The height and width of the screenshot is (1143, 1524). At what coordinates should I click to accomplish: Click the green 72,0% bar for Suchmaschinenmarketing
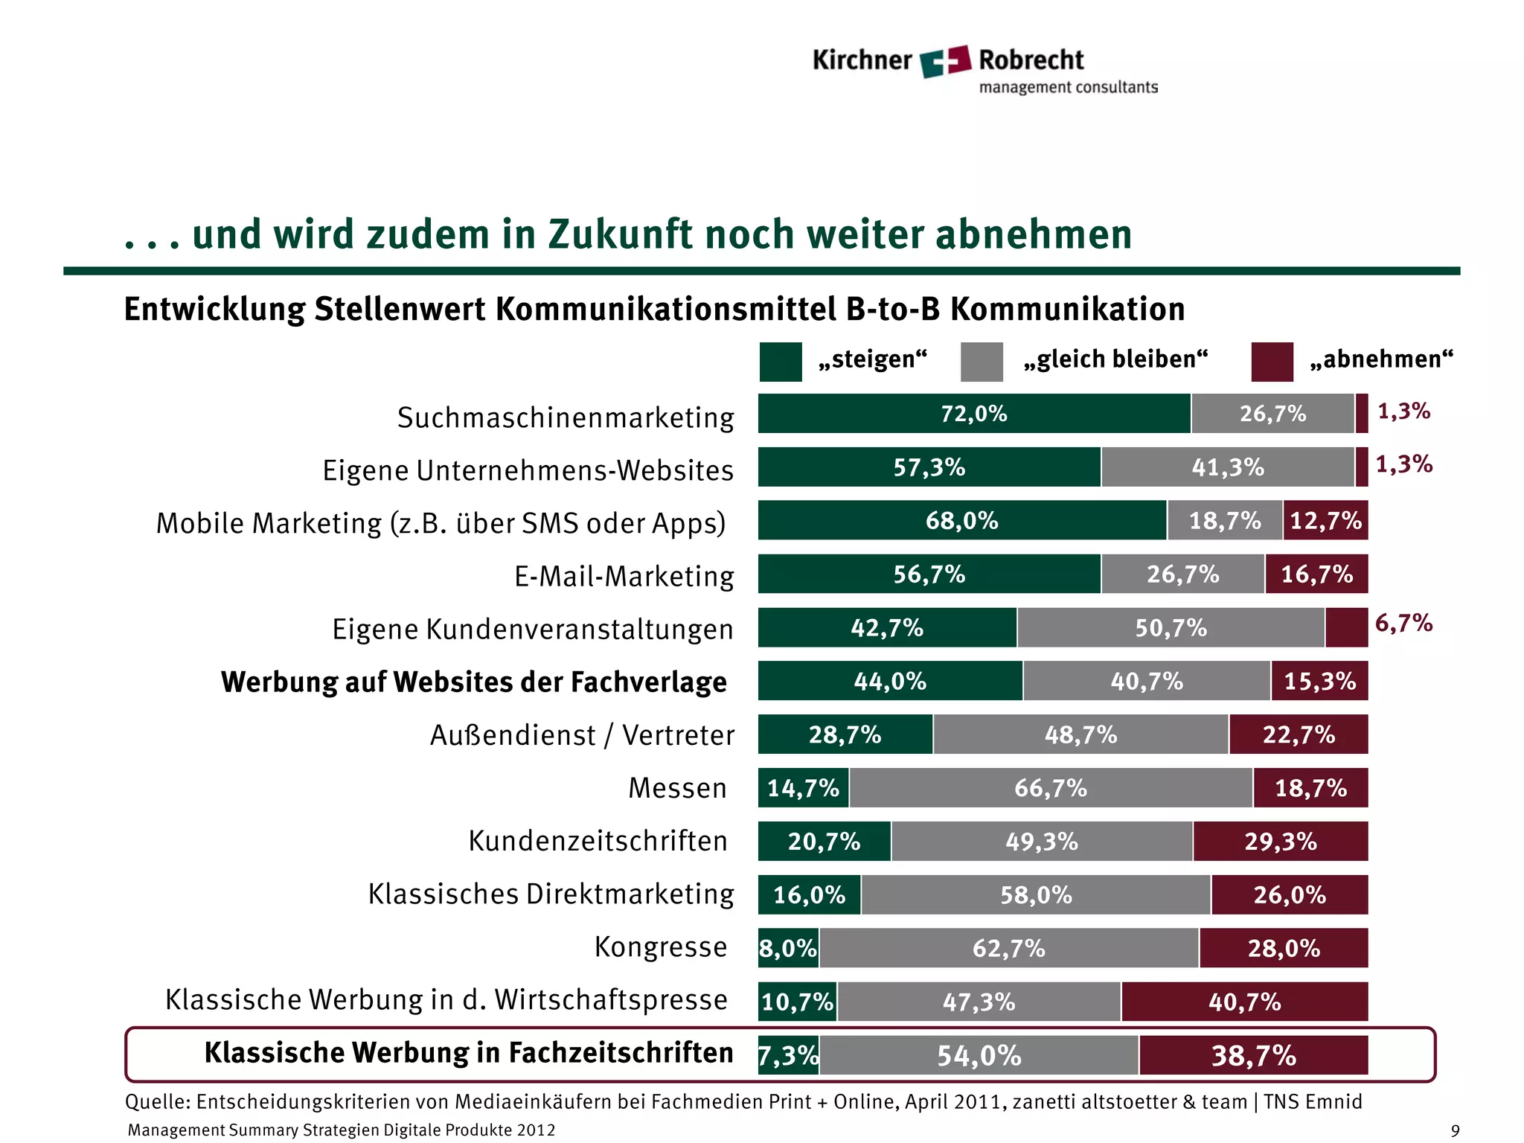(973, 414)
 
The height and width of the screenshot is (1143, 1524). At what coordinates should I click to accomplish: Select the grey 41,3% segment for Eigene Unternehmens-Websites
(1227, 467)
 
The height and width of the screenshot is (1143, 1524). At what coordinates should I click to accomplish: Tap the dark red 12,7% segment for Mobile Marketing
(1325, 520)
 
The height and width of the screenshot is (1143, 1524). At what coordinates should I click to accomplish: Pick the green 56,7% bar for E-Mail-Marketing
(929, 574)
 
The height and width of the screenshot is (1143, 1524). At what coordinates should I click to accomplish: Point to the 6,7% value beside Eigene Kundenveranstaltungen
(1403, 623)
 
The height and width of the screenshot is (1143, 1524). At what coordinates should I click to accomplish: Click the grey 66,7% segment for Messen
(1050, 788)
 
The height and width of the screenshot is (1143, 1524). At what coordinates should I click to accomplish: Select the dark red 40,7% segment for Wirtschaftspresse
(1244, 1002)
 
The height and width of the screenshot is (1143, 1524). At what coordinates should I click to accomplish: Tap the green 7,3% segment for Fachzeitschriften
(788, 1055)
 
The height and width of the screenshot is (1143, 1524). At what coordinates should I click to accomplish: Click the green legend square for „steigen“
(780, 362)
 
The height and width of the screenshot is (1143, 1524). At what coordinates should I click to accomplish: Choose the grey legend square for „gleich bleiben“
(982, 362)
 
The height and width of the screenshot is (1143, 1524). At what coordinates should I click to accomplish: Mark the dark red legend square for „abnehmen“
(1272, 362)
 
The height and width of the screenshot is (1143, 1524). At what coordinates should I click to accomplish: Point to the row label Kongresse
(660, 947)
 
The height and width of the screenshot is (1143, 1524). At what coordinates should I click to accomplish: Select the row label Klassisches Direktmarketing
(551, 894)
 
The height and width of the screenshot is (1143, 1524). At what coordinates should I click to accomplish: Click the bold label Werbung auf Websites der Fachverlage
(473, 682)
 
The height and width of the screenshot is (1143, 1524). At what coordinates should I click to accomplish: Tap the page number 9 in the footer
(1455, 1131)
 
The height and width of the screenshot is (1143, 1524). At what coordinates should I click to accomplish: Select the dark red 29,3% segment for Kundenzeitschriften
(1280, 842)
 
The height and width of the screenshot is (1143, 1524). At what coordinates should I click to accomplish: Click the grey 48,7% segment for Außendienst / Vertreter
(1080, 734)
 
